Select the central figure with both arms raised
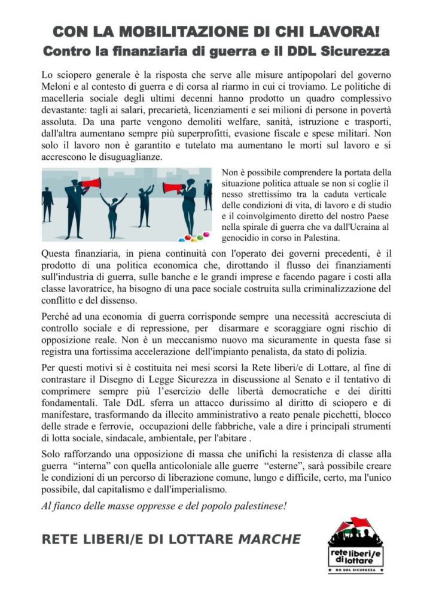tap(112, 213)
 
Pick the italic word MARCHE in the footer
tap(270, 539)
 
